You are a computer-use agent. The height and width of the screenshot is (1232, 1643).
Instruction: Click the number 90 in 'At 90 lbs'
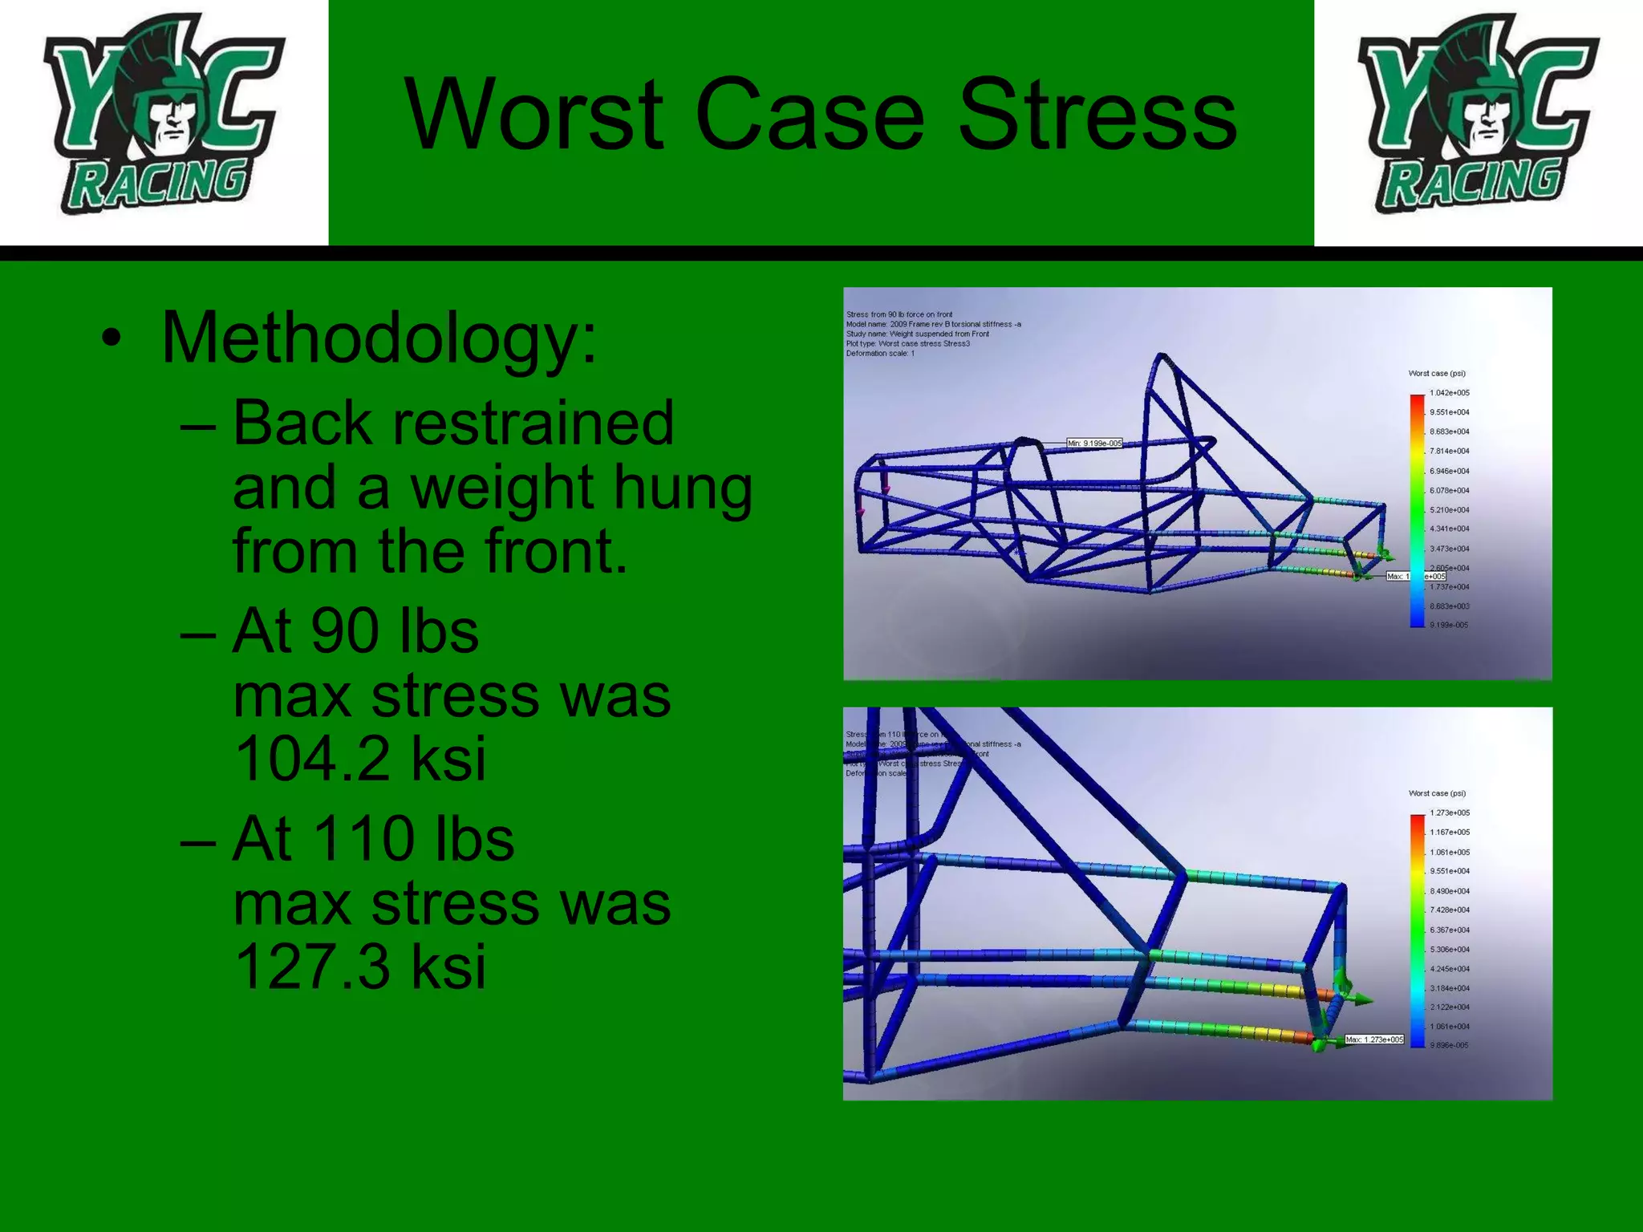[343, 631]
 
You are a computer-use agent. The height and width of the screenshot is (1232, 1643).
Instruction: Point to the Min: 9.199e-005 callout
[1094, 444]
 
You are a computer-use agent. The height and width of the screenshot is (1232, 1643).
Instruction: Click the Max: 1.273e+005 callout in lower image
[1374, 1039]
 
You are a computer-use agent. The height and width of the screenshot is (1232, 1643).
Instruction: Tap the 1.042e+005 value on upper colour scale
[1449, 393]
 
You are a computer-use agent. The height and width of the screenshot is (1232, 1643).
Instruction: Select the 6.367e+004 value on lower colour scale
[1449, 930]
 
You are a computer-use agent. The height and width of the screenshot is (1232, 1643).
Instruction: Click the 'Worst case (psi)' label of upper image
[1437, 374]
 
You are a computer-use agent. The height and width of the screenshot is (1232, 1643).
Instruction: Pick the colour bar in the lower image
[1418, 930]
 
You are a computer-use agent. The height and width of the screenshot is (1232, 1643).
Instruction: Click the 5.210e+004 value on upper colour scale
[1449, 510]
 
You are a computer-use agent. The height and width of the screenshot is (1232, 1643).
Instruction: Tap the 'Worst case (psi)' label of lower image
[1437, 793]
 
